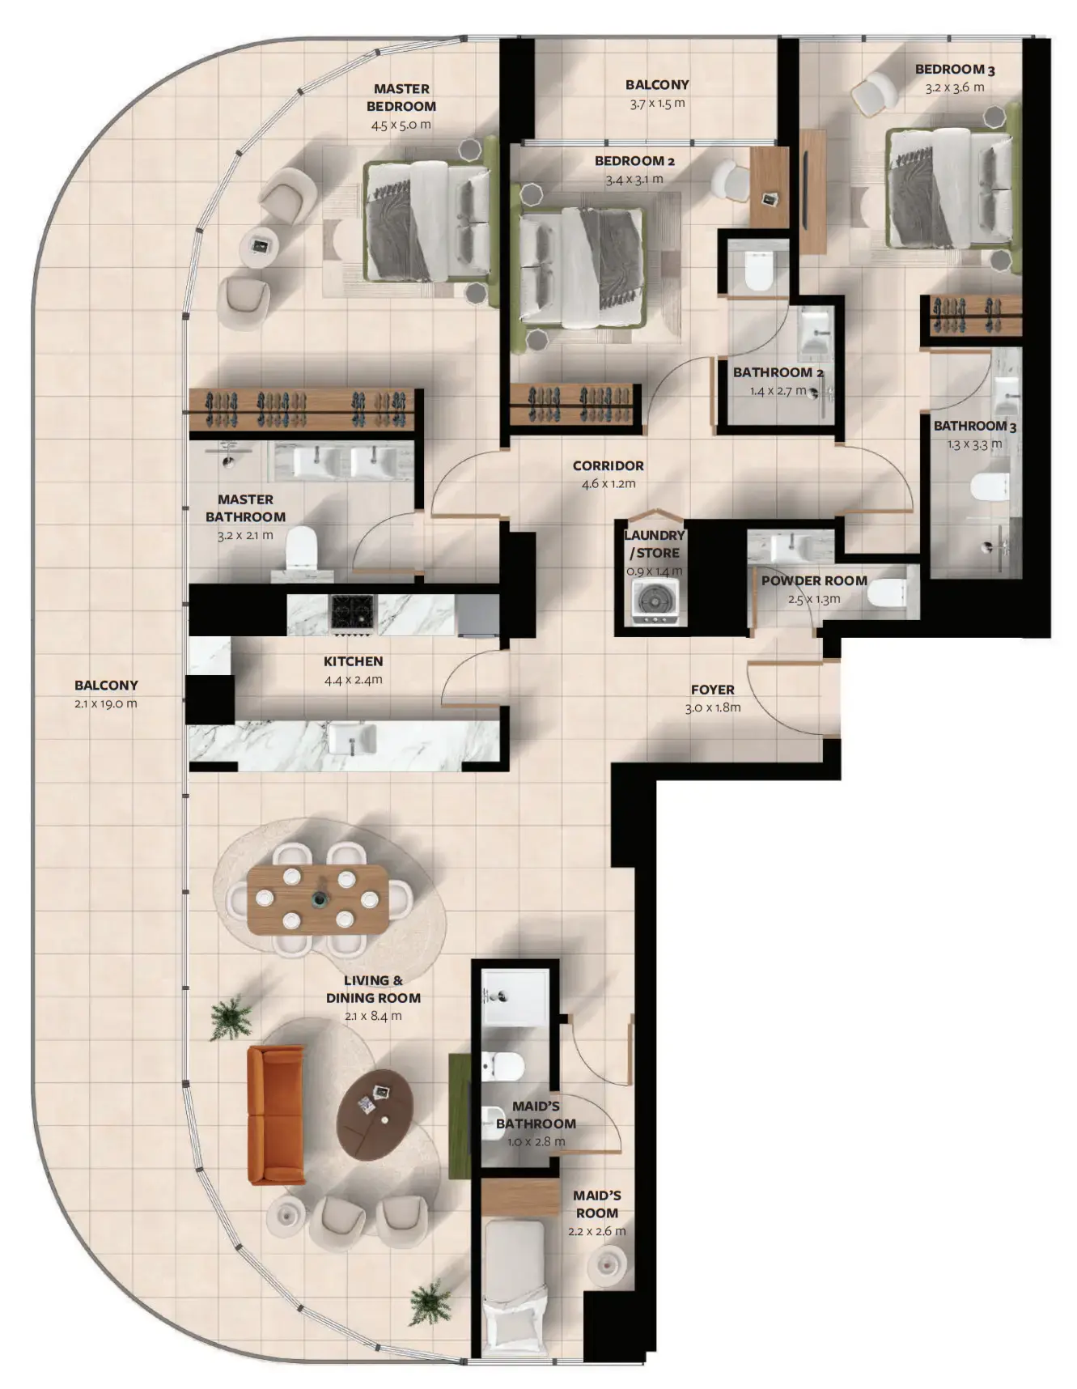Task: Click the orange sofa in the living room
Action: (x=276, y=1114)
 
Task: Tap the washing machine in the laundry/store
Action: (x=655, y=602)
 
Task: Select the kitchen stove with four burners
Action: (x=353, y=612)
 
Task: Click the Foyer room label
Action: (x=712, y=690)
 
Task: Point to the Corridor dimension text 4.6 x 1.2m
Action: (x=608, y=484)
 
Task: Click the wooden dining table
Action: (x=317, y=898)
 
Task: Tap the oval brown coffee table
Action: (x=375, y=1114)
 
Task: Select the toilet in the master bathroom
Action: (x=301, y=549)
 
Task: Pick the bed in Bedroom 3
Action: (x=950, y=189)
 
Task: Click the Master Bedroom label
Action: (x=401, y=97)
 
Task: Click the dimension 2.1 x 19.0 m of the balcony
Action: (x=105, y=703)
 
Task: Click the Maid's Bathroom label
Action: (x=536, y=1115)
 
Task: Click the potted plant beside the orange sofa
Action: (x=231, y=1017)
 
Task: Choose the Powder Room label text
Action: (x=813, y=580)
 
